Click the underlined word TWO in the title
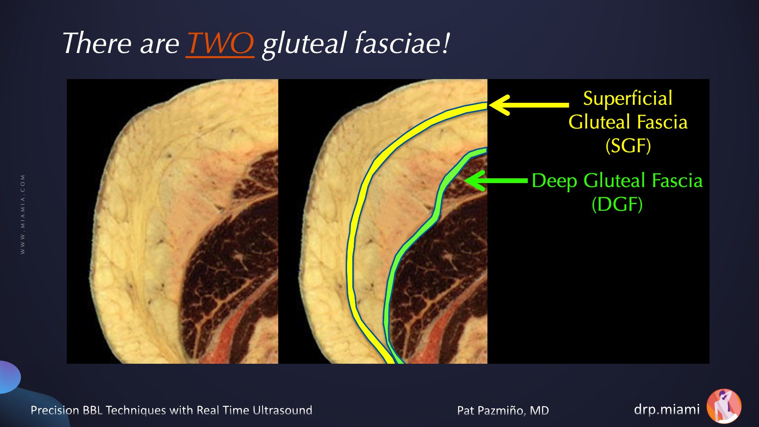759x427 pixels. (x=220, y=43)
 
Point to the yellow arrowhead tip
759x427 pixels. (x=489, y=105)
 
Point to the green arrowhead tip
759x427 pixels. (x=464, y=181)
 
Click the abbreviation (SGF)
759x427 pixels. (x=628, y=145)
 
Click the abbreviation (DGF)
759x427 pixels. (x=617, y=204)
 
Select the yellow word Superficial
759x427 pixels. (x=628, y=98)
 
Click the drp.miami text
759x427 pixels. (x=666, y=409)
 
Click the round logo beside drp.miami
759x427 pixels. (x=724, y=406)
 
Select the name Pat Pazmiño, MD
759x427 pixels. (x=503, y=410)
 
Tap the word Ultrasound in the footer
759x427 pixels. (x=282, y=410)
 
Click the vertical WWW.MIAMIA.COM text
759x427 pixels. (x=23, y=214)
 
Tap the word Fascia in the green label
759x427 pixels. (x=677, y=181)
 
